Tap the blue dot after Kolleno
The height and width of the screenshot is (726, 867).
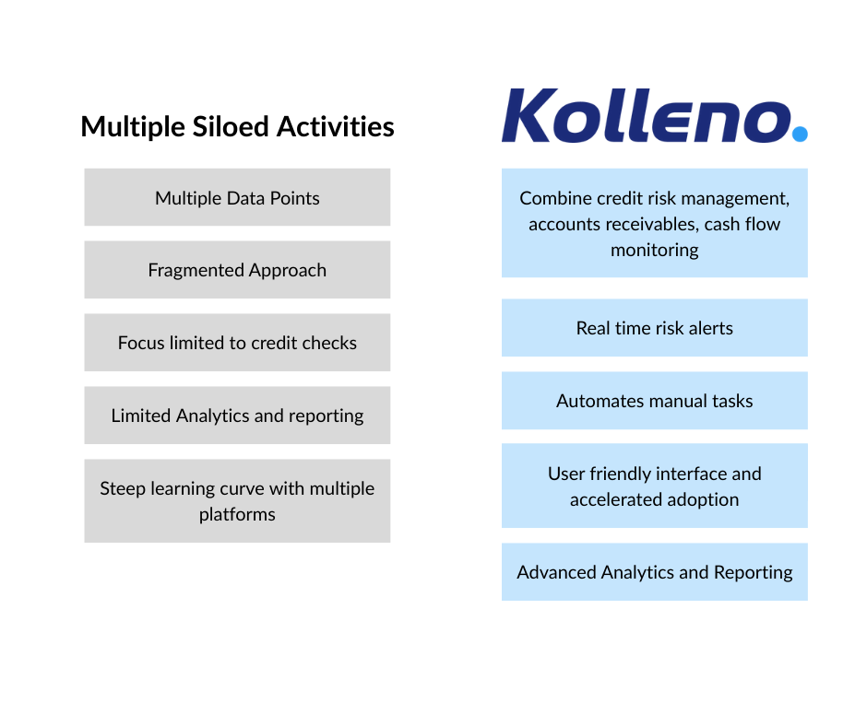800,134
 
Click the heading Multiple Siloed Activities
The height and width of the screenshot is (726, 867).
237,127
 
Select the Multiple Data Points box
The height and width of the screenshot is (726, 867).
237,197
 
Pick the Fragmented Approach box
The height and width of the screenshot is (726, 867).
237,270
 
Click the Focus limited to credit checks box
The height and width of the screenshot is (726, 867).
237,343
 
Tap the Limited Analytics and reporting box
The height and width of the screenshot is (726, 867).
237,416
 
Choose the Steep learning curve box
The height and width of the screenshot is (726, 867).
237,501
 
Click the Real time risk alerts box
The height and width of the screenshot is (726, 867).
655,328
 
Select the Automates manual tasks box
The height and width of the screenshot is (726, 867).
655,401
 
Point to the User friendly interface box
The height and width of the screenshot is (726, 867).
655,486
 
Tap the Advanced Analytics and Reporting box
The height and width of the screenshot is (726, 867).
655,572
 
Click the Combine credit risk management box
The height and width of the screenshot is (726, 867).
655,223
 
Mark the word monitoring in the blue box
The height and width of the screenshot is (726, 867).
655,250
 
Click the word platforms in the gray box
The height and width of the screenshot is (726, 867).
237,514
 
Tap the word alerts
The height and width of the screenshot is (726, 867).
708,328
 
